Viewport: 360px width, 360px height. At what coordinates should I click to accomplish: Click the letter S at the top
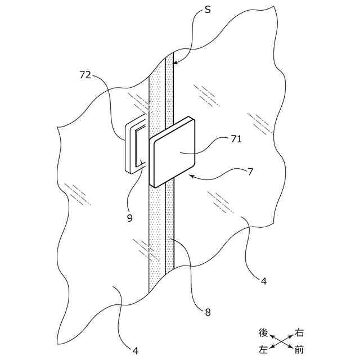coord(208,11)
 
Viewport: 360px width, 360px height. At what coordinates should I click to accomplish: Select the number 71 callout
coord(236,139)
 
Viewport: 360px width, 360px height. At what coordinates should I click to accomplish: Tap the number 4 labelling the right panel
coord(263,279)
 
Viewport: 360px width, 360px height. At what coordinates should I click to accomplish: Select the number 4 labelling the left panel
coord(136,350)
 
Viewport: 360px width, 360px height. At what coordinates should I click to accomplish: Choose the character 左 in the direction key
coord(263,349)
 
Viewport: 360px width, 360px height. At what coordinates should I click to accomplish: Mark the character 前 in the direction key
coord(300,349)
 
